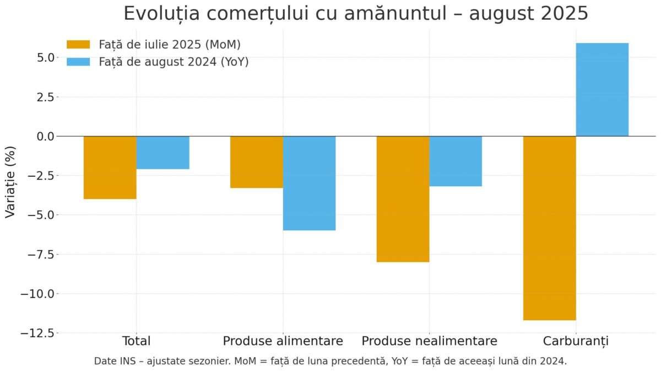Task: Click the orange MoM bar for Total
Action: click(110, 168)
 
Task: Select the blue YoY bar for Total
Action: click(163, 153)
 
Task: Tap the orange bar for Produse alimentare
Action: click(257, 162)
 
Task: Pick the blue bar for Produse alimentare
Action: click(310, 183)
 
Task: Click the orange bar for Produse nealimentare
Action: click(403, 199)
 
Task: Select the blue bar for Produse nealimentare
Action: click(456, 161)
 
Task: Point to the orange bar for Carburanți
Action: click(550, 228)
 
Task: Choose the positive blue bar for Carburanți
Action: click(602, 89)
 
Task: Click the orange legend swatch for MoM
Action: click(78, 45)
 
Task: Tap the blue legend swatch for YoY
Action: click(78, 62)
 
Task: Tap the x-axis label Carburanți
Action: click(576, 341)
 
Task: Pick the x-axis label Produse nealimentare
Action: click(429, 341)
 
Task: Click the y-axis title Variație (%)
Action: click(10, 182)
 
